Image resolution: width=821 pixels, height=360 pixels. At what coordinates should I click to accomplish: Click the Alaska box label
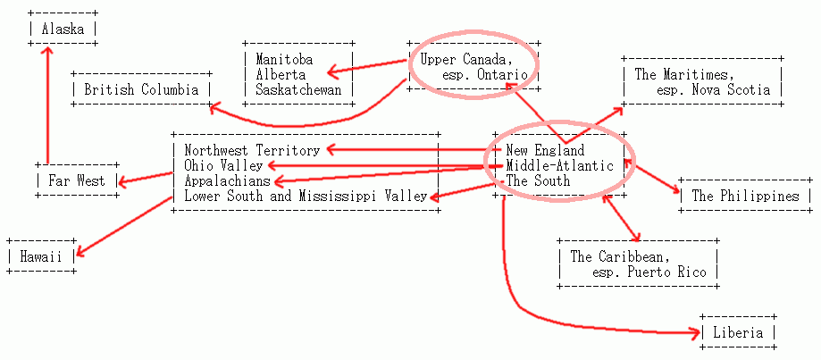coord(63,29)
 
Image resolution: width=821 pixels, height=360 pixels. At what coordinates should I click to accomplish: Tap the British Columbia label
coord(141,89)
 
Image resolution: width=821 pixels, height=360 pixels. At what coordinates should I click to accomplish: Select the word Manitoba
coord(284,59)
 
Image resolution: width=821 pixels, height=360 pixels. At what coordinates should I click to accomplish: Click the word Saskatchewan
coord(298,89)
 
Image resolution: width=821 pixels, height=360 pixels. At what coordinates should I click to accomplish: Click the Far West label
coord(77,181)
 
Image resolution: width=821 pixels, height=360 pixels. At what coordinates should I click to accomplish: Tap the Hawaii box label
coord(41,257)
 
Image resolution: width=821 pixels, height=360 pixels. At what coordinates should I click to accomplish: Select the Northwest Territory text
coord(252,151)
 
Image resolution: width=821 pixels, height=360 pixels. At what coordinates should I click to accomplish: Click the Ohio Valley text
coord(223,166)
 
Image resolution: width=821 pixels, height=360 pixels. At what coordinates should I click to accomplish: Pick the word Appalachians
coord(227,181)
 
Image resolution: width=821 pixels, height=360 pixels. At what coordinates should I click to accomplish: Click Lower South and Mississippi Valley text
coord(306,197)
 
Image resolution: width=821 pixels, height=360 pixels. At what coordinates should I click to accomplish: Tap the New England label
coord(545,151)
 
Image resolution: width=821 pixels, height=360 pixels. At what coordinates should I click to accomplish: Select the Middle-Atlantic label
coord(559,166)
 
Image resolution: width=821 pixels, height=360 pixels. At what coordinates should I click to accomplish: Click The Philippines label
coord(746,197)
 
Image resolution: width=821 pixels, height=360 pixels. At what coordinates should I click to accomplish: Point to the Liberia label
coord(738,333)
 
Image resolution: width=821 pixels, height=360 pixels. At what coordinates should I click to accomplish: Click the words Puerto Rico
coord(671,272)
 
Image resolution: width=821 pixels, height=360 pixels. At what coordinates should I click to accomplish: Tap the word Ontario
coord(502,74)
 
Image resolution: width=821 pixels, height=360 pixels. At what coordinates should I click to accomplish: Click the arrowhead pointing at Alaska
coord(47,51)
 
